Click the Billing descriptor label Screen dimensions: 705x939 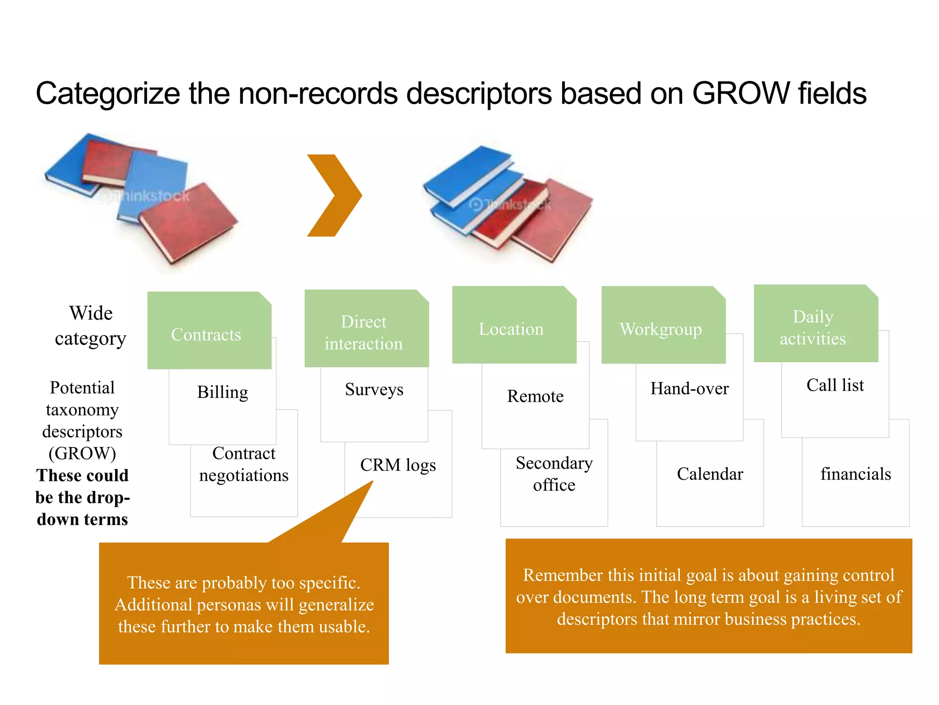pos(222,393)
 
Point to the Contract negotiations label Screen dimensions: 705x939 pos(244,464)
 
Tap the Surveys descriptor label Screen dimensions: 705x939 pos(374,390)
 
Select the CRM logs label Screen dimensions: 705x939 pos(398,465)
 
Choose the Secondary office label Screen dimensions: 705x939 pos(554,474)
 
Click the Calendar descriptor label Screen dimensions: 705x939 pos(710,474)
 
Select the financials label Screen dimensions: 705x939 pos(856,474)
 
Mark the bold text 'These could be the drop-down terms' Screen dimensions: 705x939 pos(83,498)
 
